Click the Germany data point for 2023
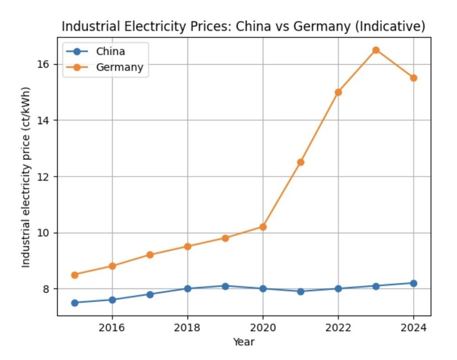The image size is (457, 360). [376, 50]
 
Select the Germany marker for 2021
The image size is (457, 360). [300, 162]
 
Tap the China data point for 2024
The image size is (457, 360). [413, 283]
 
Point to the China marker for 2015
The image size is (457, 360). [74, 302]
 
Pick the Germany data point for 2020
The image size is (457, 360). [263, 227]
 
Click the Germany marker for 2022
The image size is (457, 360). [338, 92]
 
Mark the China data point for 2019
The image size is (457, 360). [225, 286]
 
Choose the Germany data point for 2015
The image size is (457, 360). [74, 275]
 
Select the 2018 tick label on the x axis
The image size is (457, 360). [187, 328]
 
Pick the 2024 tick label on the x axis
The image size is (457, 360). [413, 328]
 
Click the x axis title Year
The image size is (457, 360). [244, 342]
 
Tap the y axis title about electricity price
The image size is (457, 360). [26, 177]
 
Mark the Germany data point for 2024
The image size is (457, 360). [413, 78]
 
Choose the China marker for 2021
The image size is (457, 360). [300, 291]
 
